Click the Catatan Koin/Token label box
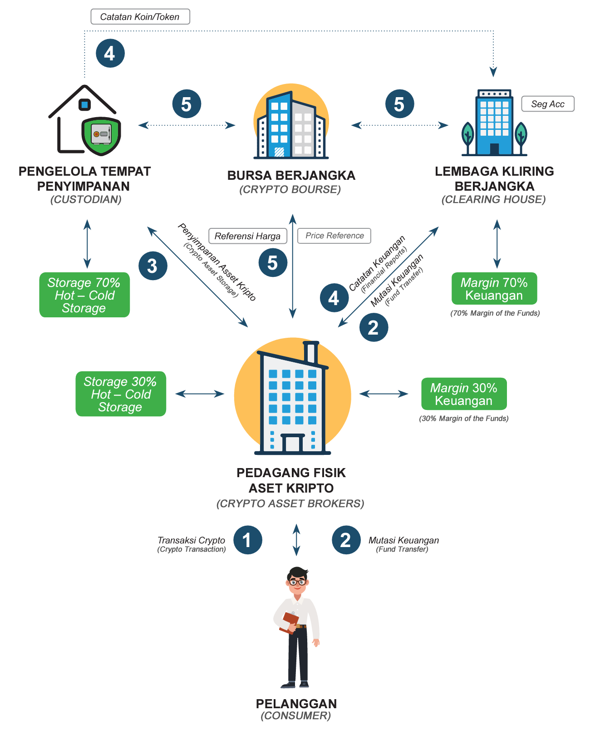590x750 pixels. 140,17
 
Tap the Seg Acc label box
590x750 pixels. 547,104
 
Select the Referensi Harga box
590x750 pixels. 247,236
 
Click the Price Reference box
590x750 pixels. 334,236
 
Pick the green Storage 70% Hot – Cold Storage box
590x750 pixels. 84,295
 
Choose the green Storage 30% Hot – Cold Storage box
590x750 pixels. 121,394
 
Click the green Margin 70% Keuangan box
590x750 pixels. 494,289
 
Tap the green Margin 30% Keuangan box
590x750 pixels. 464,394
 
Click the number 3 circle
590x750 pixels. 152,266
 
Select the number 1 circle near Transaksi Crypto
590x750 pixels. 247,540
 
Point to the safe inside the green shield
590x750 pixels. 101,134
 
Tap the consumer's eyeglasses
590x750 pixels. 297,582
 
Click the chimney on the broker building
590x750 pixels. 311,352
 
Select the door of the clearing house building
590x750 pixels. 494,149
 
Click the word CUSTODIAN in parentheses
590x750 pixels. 86,199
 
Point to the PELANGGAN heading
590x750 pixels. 296,704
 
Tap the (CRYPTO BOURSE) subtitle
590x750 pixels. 290,189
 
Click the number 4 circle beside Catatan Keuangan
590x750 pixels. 334,298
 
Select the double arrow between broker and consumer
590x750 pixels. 296,540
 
